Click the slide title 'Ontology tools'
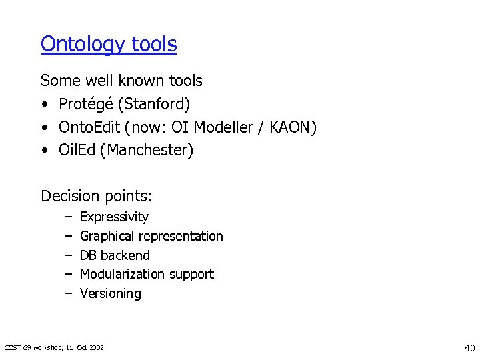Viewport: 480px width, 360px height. (x=109, y=45)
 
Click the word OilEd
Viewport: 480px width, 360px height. (x=77, y=151)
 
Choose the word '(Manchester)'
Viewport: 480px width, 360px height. (x=147, y=151)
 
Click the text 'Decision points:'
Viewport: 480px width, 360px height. (x=97, y=196)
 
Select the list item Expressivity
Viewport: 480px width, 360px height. (x=114, y=217)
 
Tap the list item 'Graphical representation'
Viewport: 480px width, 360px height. (x=151, y=236)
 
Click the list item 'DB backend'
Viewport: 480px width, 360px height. (x=115, y=255)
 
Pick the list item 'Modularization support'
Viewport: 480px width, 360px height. (x=147, y=274)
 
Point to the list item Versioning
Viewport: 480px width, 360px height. (x=111, y=293)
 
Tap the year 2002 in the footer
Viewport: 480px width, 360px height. (x=96, y=348)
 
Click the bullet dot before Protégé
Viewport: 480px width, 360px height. (x=44, y=105)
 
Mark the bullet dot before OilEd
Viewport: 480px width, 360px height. (x=44, y=151)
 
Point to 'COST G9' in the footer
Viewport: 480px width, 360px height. (x=16, y=348)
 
